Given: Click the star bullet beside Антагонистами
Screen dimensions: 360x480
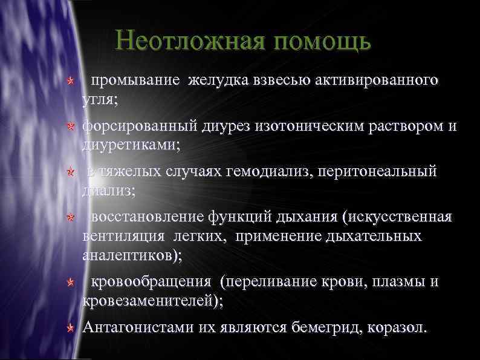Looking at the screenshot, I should coord(71,329).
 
